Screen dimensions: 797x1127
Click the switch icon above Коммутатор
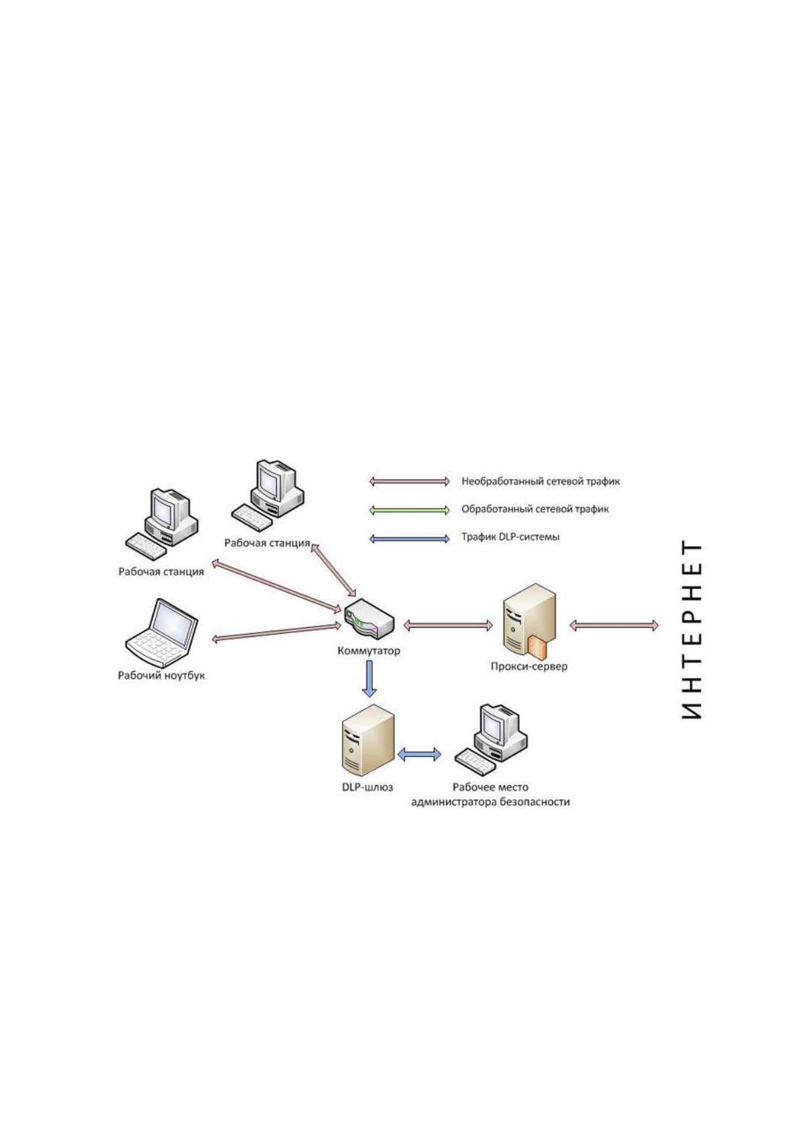pyautogui.click(x=369, y=618)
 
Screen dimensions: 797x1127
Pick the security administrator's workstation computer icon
pyautogui.click(x=491, y=740)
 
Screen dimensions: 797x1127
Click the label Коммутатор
pyautogui.click(x=369, y=651)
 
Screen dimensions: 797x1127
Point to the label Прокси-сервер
pyautogui.click(x=529, y=666)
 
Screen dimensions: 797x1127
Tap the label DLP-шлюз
pyautogui.click(x=368, y=787)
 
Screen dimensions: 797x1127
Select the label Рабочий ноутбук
pyautogui.click(x=161, y=675)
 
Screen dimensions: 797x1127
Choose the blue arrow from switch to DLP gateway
pyautogui.click(x=369, y=679)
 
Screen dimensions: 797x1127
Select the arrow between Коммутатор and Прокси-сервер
pyautogui.click(x=448, y=625)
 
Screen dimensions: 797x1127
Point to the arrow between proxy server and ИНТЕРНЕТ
pyautogui.click(x=614, y=625)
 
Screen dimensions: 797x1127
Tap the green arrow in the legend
pyautogui.click(x=410, y=510)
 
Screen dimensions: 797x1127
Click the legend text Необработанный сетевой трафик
pyautogui.click(x=541, y=481)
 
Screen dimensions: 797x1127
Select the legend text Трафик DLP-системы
pyautogui.click(x=510, y=537)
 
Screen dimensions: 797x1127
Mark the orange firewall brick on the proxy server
pyautogui.click(x=537, y=646)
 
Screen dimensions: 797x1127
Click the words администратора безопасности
pyautogui.click(x=491, y=802)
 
